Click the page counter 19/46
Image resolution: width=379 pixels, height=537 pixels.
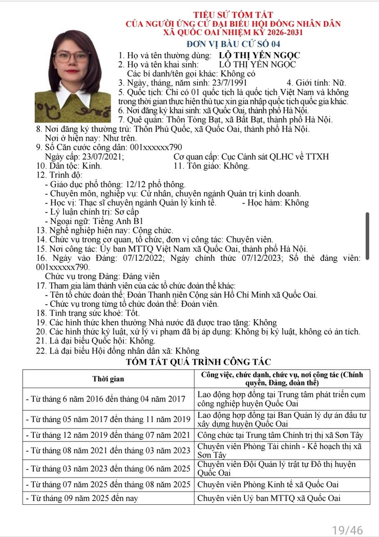[347, 529]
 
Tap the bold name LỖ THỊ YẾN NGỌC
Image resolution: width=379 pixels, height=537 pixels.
[259, 55]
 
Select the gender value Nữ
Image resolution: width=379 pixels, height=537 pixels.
[339, 83]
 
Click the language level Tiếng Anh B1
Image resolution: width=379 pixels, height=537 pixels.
[115, 221]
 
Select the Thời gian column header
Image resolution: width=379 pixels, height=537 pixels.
[108, 379]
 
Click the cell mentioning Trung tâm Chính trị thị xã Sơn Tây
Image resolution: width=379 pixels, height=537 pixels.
[280, 434]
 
